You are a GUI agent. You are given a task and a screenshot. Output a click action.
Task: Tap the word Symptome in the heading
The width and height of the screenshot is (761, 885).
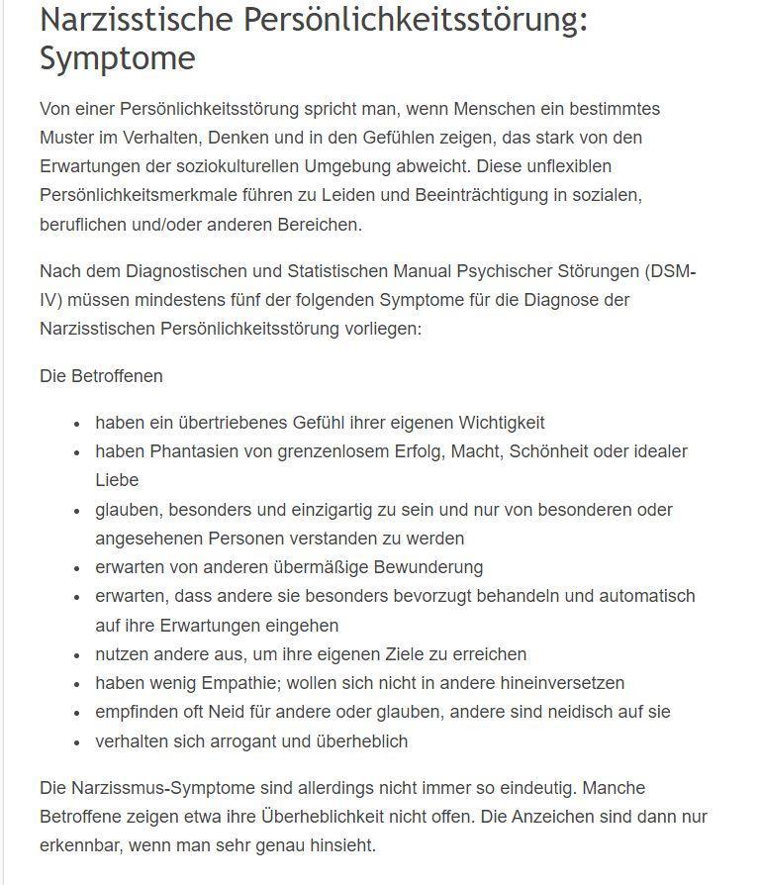point(118,58)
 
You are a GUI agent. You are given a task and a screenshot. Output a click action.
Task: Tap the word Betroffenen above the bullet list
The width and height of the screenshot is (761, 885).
point(117,376)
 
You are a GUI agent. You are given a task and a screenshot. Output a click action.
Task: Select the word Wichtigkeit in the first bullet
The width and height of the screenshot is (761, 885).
point(501,423)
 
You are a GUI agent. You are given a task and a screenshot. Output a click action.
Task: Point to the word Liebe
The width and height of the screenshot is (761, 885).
point(117,480)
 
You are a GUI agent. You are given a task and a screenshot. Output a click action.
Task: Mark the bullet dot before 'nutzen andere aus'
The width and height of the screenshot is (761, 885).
point(76,655)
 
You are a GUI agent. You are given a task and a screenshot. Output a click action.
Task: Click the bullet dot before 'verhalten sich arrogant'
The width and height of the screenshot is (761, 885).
point(76,742)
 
